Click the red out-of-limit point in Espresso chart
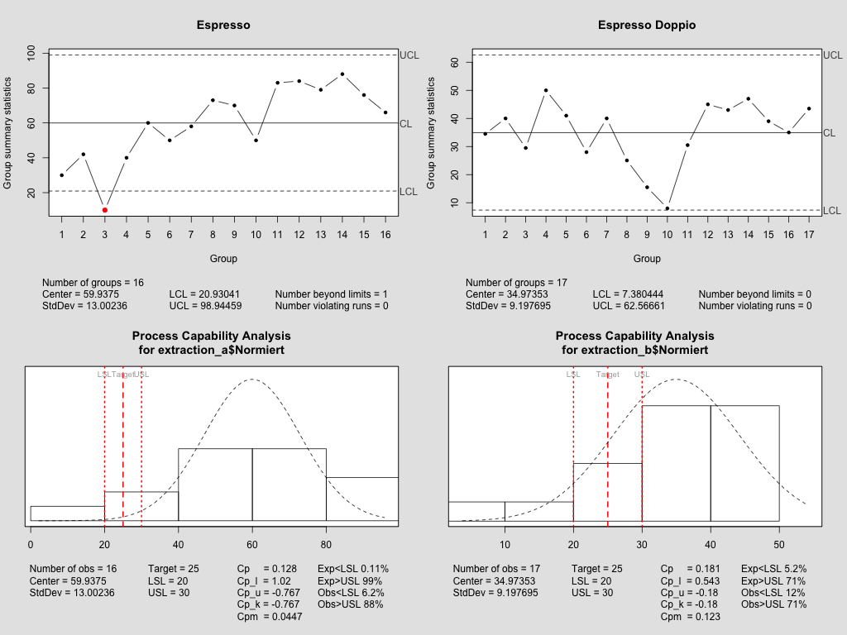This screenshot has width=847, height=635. pyautogui.click(x=104, y=210)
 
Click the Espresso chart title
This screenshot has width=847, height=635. pyautogui.click(x=223, y=25)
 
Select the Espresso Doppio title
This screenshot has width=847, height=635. pyautogui.click(x=647, y=25)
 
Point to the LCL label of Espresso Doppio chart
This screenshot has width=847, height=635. pyautogui.click(x=832, y=211)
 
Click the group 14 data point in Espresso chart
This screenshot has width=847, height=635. pyautogui.click(x=342, y=74)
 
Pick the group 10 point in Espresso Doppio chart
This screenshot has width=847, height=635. pyautogui.click(x=667, y=208)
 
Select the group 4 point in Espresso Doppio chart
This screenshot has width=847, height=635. pyautogui.click(x=546, y=90)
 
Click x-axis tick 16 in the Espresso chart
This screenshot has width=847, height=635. pyautogui.click(x=385, y=236)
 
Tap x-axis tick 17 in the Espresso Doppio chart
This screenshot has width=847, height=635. pyautogui.click(x=808, y=236)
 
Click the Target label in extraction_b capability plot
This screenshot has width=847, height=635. pyautogui.click(x=607, y=375)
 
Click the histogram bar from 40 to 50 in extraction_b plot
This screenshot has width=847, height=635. pyautogui.click(x=744, y=463)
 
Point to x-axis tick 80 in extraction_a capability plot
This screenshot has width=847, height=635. pyautogui.click(x=326, y=545)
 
